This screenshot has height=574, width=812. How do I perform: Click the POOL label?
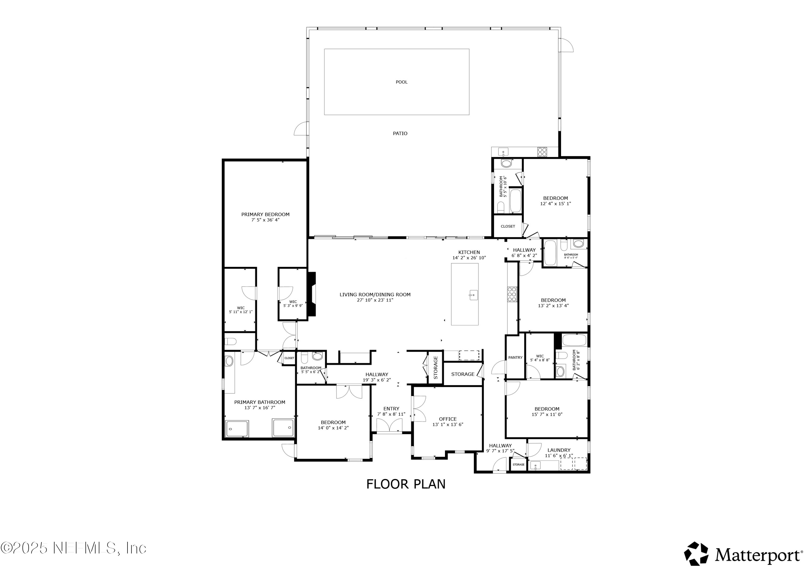click(x=401, y=82)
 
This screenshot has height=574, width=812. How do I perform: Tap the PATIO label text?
click(x=400, y=133)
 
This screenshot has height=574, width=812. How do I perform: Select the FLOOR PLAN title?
click(x=406, y=484)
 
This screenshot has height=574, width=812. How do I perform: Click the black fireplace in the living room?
click(x=312, y=294)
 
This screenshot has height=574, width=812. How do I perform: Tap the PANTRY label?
click(x=515, y=357)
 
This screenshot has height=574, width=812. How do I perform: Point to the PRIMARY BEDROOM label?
click(x=265, y=214)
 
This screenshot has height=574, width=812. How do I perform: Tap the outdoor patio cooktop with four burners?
click(x=542, y=152)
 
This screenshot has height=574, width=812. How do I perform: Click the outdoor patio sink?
click(x=503, y=152)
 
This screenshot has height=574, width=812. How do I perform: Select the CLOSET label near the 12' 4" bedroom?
click(x=508, y=226)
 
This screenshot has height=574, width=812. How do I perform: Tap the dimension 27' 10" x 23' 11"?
click(x=375, y=300)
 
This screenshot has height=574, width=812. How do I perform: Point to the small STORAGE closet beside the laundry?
click(x=519, y=465)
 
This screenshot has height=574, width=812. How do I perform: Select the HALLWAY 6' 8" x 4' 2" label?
click(x=524, y=252)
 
